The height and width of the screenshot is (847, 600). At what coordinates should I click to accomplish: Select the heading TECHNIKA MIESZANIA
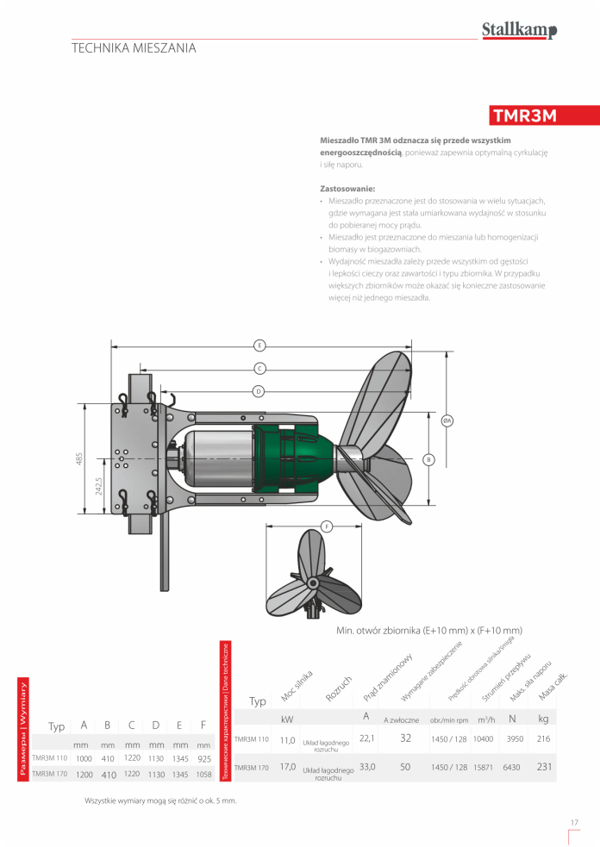[x=134, y=48]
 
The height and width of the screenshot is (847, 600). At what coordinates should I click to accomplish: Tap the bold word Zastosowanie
[x=348, y=187]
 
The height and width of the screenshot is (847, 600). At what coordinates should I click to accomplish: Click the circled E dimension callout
[x=259, y=346]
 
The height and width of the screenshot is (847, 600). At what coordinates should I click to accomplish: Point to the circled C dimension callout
[x=259, y=368]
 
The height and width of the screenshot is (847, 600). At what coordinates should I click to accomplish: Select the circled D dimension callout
[x=259, y=391]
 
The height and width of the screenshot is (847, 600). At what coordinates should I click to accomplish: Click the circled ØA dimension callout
[x=447, y=420]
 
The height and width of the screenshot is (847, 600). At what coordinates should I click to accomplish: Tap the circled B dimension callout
[x=428, y=459]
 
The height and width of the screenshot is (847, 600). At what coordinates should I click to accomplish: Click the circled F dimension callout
[x=327, y=526]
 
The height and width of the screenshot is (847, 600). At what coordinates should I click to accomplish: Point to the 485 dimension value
[x=78, y=458]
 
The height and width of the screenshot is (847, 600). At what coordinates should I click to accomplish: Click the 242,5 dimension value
[x=99, y=487]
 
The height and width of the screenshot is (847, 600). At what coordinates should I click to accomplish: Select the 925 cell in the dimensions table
[x=203, y=758]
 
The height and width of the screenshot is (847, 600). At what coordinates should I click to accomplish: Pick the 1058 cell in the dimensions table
[x=203, y=774]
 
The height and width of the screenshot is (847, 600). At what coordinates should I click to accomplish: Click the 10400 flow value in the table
[x=484, y=738]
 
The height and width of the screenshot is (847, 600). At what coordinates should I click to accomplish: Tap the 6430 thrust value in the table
[x=514, y=766]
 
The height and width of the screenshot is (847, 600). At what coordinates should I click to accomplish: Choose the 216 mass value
[x=543, y=738]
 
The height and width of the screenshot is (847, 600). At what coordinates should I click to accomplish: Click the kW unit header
[x=288, y=719]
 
